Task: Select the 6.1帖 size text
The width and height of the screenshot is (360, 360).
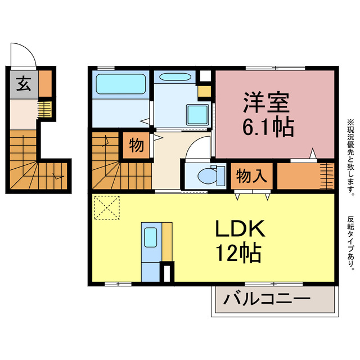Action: tap(268, 128)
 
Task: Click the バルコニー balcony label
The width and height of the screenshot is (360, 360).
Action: tap(267, 299)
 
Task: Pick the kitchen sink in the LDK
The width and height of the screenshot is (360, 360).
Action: tap(150, 222)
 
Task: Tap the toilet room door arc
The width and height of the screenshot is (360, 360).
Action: tap(197, 149)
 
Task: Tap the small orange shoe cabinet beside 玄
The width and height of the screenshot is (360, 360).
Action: tap(45, 83)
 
